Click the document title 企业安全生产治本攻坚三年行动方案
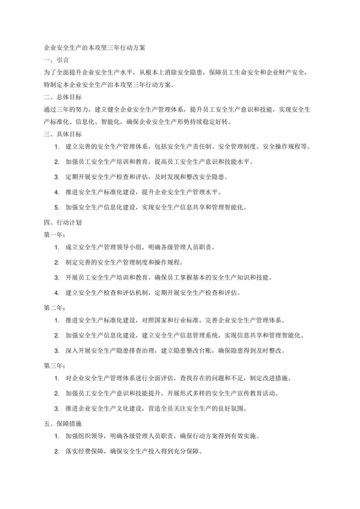coord(94,48)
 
